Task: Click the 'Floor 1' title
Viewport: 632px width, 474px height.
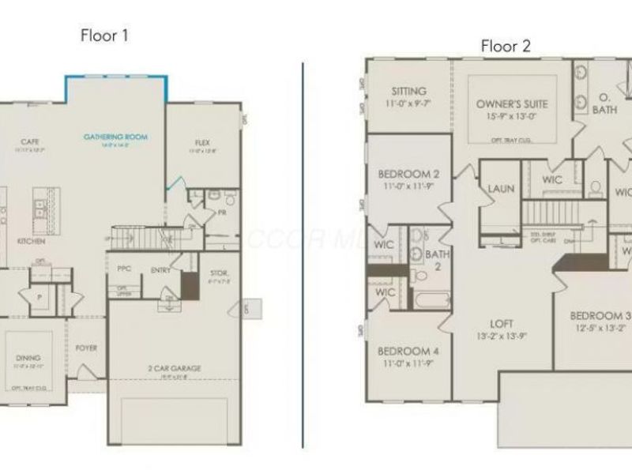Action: (104, 35)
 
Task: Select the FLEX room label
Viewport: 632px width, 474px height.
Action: (202, 143)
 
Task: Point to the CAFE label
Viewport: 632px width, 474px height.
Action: (30, 141)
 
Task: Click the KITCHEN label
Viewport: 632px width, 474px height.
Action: (27, 241)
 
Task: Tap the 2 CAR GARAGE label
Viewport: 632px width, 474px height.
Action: (174, 368)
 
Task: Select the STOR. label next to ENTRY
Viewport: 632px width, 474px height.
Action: (219, 273)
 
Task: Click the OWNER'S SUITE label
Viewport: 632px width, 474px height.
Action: (512, 104)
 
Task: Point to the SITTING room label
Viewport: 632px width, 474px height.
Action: (406, 92)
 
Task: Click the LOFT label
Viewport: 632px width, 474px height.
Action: (502, 323)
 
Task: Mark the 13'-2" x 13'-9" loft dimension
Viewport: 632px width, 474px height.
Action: (502, 336)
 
